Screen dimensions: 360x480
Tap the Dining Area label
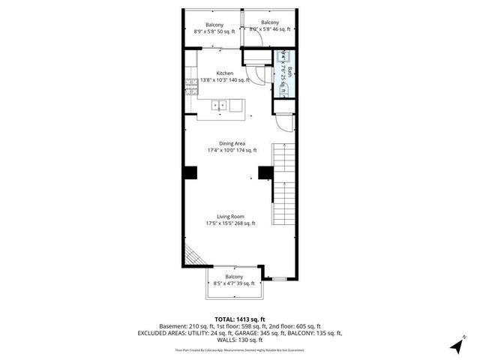[232, 143]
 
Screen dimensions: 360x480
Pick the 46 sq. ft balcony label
[269, 25]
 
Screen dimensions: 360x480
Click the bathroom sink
[283, 54]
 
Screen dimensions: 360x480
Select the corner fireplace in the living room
[193, 257]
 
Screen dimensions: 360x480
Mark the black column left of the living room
[190, 173]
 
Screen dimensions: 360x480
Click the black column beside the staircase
[265, 173]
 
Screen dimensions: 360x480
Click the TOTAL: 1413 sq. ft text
[239, 319]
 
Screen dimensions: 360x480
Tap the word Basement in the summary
[173, 326]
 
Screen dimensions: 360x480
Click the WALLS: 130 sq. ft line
[239, 340]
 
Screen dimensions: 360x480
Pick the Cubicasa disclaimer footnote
[239, 349]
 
